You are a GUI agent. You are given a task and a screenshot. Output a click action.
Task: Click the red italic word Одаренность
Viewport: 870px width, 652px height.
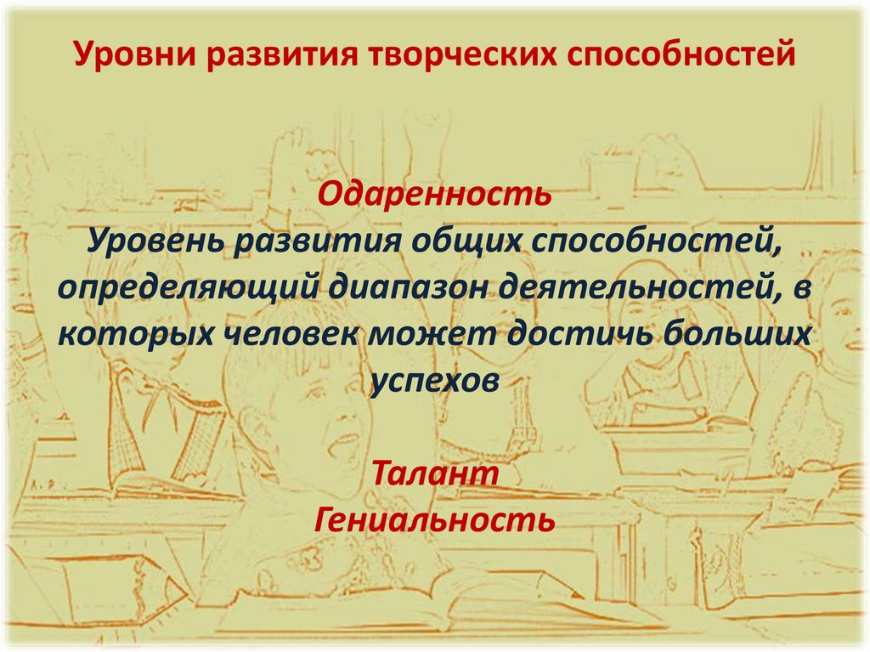434,194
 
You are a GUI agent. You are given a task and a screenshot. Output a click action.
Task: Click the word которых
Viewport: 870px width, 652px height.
138,333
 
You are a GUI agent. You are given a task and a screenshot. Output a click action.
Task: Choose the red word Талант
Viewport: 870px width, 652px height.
434,473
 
